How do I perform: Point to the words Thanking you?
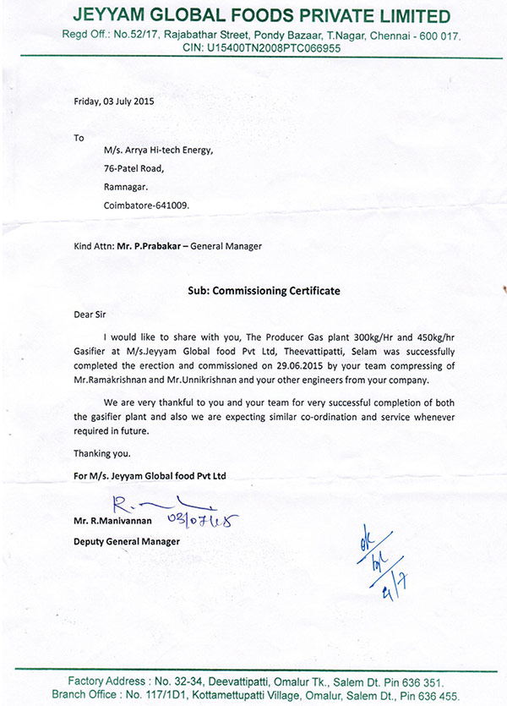tap(101, 452)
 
